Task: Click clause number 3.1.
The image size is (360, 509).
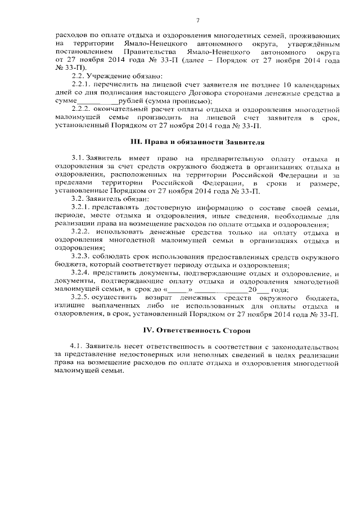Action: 78,160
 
